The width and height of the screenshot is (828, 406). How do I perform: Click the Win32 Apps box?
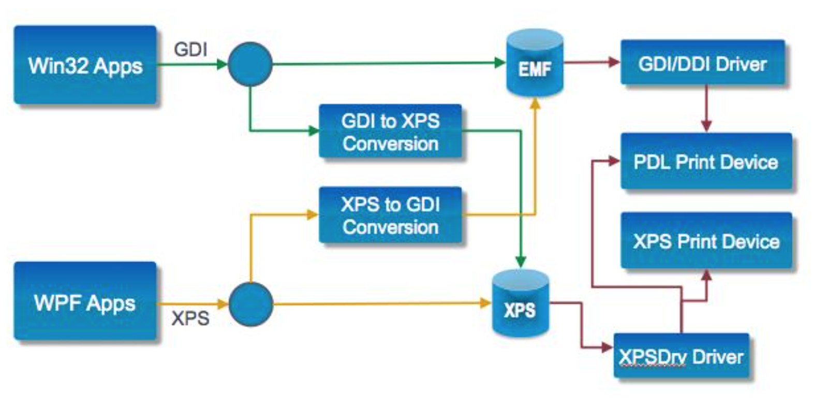click(x=85, y=65)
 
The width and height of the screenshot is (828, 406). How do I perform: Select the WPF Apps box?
click(x=85, y=302)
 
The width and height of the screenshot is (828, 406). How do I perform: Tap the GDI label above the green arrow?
click(x=190, y=50)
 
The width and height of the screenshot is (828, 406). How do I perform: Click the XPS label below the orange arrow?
click(x=190, y=318)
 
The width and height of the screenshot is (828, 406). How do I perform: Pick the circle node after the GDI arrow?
click(x=250, y=64)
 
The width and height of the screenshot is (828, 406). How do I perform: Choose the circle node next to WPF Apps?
click(x=250, y=304)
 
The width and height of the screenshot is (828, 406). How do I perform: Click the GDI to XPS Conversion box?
click(x=390, y=132)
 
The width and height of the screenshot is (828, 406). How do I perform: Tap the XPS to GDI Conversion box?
click(x=390, y=215)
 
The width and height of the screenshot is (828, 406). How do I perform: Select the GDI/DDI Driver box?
click(x=702, y=63)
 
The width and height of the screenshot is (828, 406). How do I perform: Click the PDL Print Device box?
click(x=706, y=162)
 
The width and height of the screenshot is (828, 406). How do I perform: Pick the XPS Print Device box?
click(x=706, y=241)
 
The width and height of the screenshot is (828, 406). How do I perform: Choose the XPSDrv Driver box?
click(x=681, y=356)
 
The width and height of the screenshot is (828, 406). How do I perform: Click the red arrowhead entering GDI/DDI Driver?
click(x=615, y=63)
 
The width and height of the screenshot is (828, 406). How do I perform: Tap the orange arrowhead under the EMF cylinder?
click(x=535, y=103)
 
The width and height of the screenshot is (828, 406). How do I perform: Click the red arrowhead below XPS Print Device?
click(x=706, y=275)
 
